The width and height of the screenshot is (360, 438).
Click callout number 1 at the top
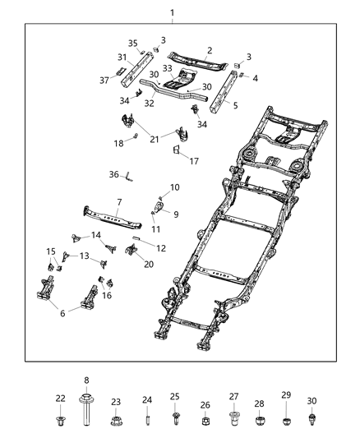pyautogui.click(x=173, y=12)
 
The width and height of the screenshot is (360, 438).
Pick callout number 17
pyautogui.click(x=194, y=161)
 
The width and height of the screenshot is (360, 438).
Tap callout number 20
pyautogui.click(x=149, y=264)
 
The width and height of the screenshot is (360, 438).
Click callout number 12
pyautogui.click(x=161, y=248)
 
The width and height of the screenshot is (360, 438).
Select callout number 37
pyautogui.click(x=104, y=80)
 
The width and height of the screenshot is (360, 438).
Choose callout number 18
pyautogui.click(x=118, y=143)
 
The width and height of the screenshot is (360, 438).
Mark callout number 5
pyautogui.click(x=235, y=106)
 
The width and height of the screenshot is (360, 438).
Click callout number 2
pyautogui.click(x=210, y=51)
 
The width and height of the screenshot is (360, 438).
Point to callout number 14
pyautogui.click(x=95, y=235)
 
